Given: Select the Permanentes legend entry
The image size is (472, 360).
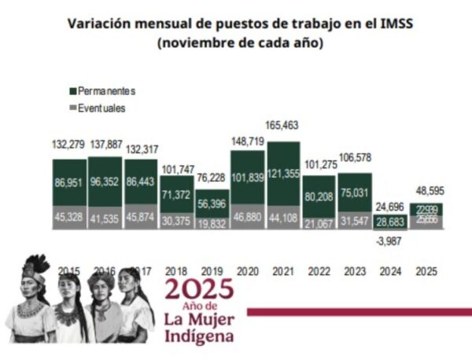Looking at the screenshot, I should coord(103,92).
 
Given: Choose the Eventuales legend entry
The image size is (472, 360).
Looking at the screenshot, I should coord(101,108).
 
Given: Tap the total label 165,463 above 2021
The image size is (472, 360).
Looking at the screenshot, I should coord(283,125).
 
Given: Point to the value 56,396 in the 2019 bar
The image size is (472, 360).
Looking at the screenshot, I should coord(212,203).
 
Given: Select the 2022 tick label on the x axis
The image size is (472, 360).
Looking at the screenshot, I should coord(319,271).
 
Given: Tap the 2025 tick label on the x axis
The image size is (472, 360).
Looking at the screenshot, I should coord(426,271).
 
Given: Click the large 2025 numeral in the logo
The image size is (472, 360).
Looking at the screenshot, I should coord(198,290).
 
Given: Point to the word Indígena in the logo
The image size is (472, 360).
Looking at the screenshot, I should coord(198,336).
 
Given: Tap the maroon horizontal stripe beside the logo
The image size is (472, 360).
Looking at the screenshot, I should coord(358,311).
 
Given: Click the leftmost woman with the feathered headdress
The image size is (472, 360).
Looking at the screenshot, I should coord(31,299).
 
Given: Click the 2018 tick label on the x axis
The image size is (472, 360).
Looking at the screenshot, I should coord(177,271).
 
